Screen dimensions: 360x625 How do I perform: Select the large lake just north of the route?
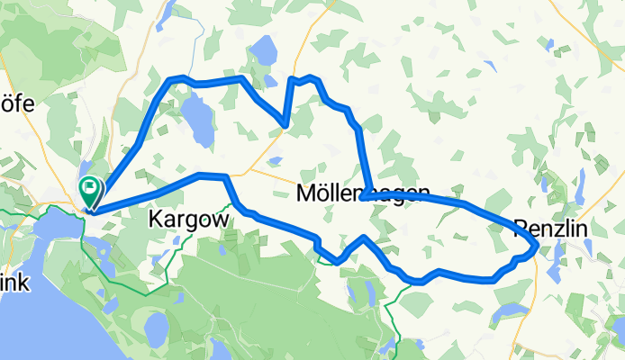pos(265,51)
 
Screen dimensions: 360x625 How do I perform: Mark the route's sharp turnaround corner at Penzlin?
pos(537,244)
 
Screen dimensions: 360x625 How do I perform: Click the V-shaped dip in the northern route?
pos(285,124)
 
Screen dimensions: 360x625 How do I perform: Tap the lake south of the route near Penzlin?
pos(511,310)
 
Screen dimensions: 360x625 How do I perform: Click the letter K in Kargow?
pos(155,219)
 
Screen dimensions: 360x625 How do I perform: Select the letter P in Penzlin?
pos(520,229)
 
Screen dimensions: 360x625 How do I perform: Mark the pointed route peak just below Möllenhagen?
pos(363,238)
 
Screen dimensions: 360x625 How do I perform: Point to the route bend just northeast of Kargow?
pos(225,177)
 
